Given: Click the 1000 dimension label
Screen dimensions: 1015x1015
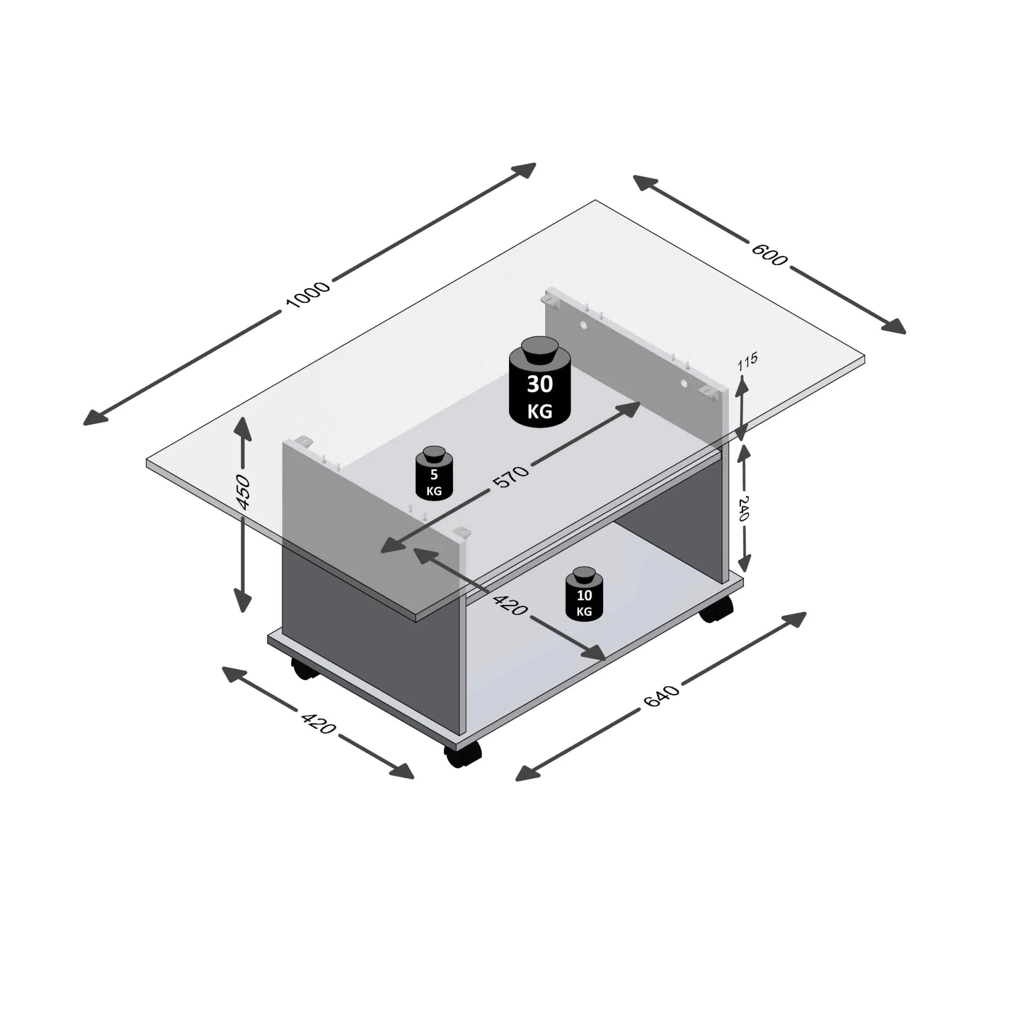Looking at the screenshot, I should click(x=307, y=295).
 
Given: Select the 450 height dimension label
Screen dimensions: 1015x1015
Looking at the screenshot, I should click(x=243, y=492).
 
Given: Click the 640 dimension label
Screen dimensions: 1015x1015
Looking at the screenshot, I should click(x=661, y=695).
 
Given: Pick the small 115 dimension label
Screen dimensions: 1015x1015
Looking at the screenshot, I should click(x=747, y=362).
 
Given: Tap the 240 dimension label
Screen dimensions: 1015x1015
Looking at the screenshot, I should click(x=743, y=508).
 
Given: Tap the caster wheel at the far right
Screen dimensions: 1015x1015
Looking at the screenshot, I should click(x=717, y=610).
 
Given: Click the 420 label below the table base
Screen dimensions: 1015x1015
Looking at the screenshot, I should click(x=318, y=723).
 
